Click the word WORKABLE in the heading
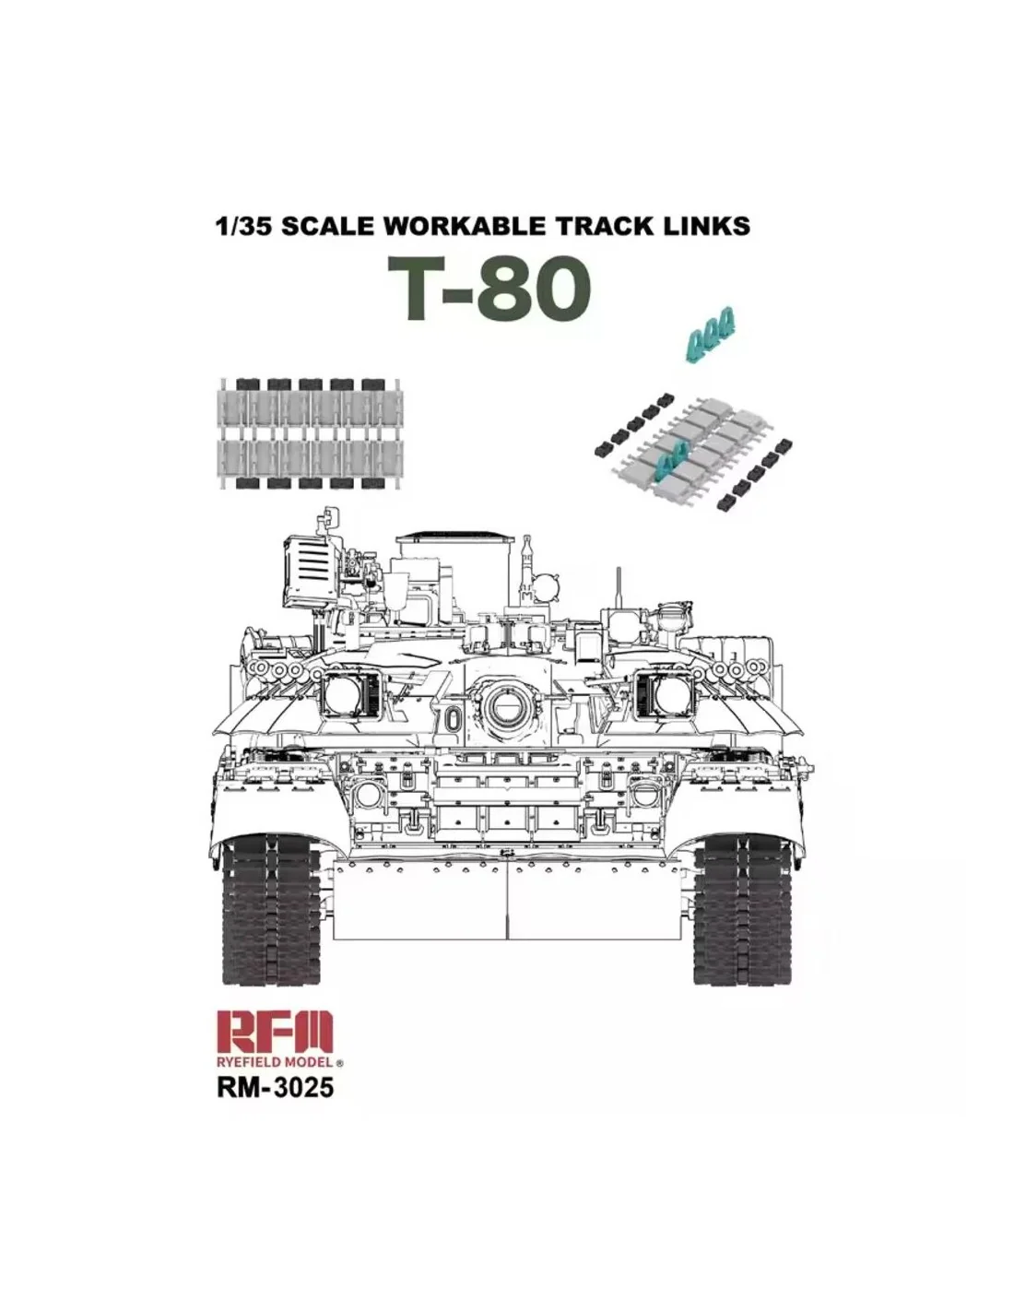click(x=462, y=226)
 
